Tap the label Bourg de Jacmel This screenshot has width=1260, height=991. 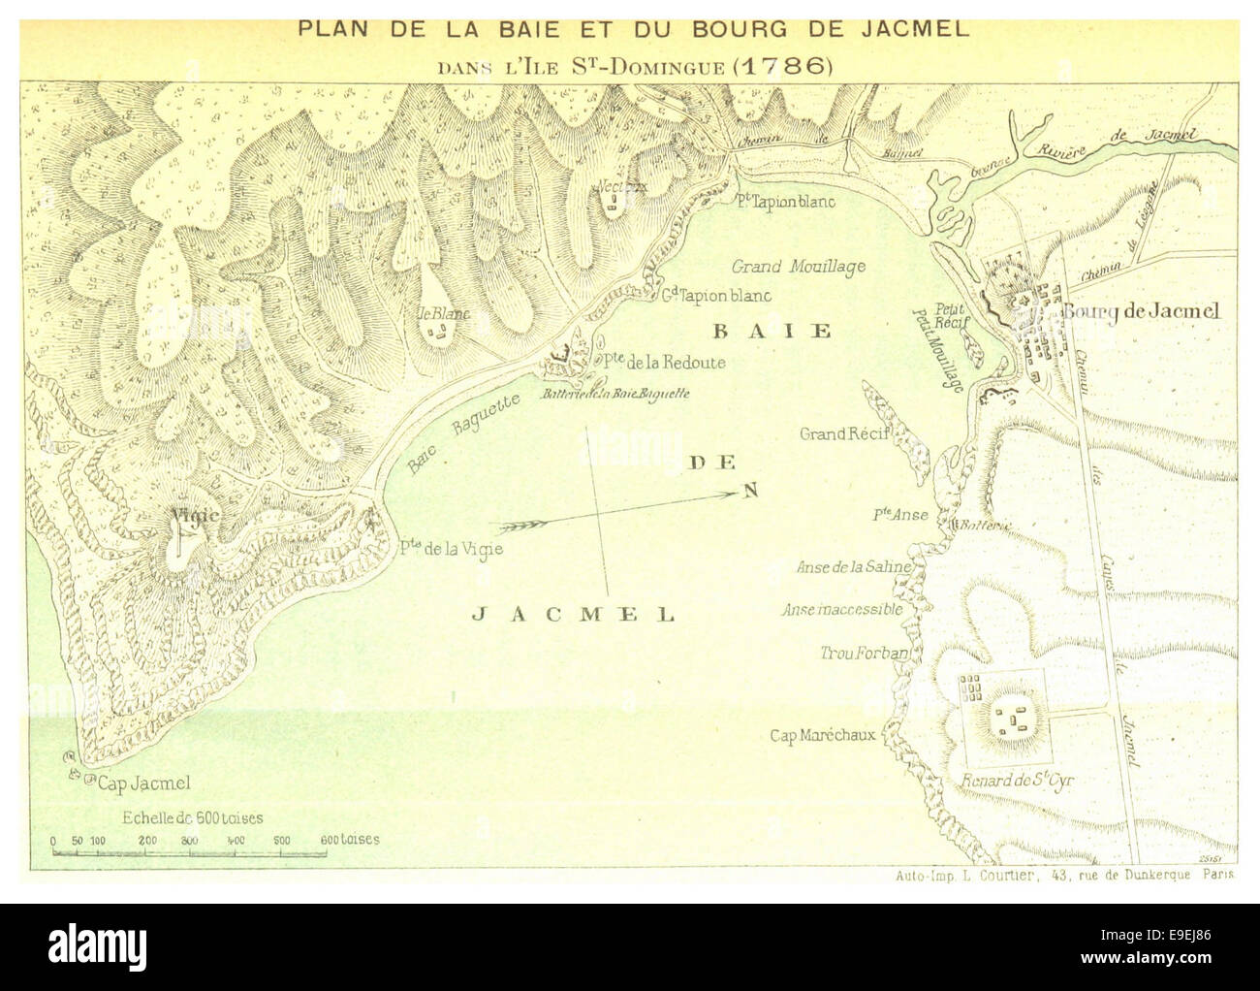(x=1141, y=311)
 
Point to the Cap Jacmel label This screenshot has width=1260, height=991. (x=142, y=783)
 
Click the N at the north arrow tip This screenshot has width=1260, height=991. (x=749, y=491)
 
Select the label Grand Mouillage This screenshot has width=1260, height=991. (x=798, y=267)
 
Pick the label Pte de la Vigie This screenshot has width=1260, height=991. (x=451, y=549)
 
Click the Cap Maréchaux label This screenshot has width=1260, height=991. (x=822, y=735)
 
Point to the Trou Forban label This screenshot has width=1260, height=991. (x=864, y=654)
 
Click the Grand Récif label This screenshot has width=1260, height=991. (x=844, y=433)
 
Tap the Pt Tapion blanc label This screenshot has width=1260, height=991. (x=784, y=202)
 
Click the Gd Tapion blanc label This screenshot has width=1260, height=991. (x=716, y=296)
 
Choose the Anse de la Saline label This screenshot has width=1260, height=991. (x=853, y=567)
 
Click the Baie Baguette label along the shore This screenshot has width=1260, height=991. (x=463, y=432)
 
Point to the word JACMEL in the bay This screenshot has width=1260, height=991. (x=573, y=615)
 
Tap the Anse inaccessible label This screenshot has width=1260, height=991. (x=842, y=610)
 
